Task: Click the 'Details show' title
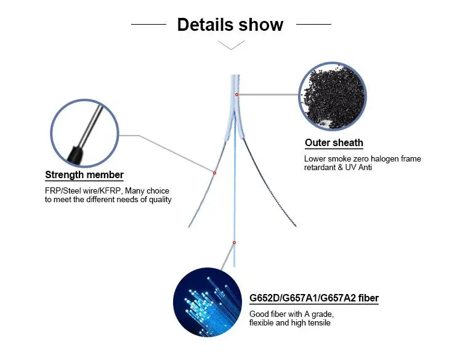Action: (230, 25)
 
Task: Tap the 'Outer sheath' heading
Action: (334, 143)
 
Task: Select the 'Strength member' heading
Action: (84, 175)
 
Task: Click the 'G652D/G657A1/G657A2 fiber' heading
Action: (314, 299)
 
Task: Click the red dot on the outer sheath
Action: (236, 94)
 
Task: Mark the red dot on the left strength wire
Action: (214, 173)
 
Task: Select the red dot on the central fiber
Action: (234, 242)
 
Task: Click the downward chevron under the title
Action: (230, 45)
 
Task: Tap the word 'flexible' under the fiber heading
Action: (264, 323)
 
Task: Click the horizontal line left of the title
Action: (148, 25)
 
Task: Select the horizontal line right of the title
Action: (313, 25)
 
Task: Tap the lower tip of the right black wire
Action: (296, 226)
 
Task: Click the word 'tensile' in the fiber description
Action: (318, 323)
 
